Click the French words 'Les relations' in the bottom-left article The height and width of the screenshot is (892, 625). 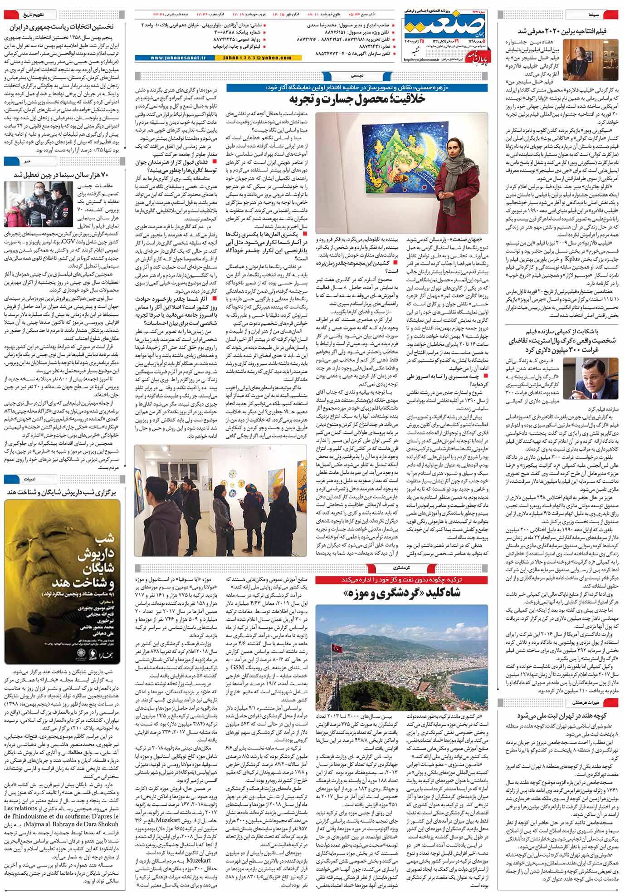tap(21, 808)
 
